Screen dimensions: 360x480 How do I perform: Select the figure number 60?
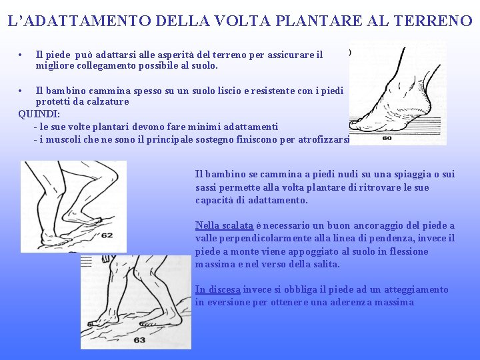[x=387, y=139]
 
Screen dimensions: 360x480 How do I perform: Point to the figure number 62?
[x=107, y=235]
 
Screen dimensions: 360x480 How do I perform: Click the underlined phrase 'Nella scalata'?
[x=224, y=225]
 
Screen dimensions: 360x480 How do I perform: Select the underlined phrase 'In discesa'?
[x=217, y=289]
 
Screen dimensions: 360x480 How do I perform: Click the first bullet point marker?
[x=22, y=55]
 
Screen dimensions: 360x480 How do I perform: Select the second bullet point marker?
[x=22, y=90]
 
